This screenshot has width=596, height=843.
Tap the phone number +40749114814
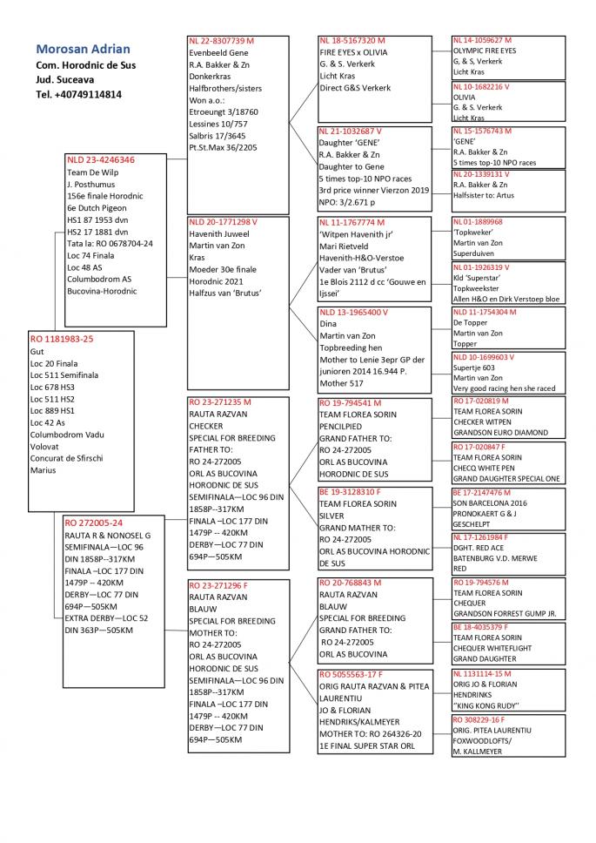pos(78,94)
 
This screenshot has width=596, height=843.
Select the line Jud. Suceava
pos(65,79)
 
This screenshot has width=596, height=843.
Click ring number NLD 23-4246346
pos(101,160)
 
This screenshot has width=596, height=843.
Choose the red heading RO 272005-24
pos(94,523)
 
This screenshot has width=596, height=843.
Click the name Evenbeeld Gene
pos(218,52)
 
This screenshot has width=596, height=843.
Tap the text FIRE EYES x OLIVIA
pos(353,52)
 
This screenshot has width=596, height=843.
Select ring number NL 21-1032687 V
pos(351,131)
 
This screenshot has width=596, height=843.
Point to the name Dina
pos(329,324)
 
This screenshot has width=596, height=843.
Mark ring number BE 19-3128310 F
pos(352,491)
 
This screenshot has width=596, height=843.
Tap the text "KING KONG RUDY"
pos(486,706)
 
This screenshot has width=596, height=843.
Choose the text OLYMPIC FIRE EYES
pos(484,51)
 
